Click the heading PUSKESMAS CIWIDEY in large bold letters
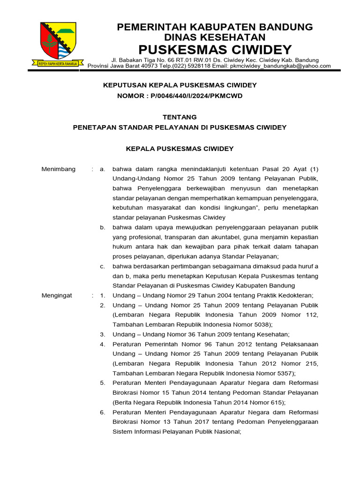[x=215, y=49]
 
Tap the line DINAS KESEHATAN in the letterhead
[x=215, y=37]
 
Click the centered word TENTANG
[x=180, y=117]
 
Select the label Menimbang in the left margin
[x=59, y=169]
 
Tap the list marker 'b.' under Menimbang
[x=102, y=227]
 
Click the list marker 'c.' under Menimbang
[x=102, y=266]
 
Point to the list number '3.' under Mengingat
[x=102, y=334]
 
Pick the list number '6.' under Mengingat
[x=102, y=412]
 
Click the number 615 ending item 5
[x=275, y=402]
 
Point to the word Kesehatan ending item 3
[x=274, y=334]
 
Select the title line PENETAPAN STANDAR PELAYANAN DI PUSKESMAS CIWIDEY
[x=180, y=127]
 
